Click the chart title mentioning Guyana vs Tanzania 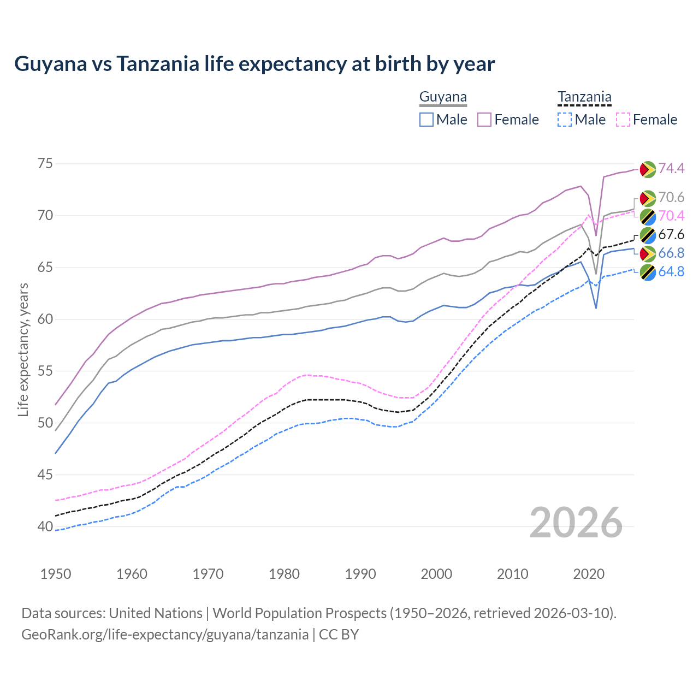coord(254,64)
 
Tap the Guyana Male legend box coord(426,120)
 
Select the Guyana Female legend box coord(484,120)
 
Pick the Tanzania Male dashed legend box coord(565,120)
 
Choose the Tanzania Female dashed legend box coord(623,120)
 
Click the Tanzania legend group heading coord(584,97)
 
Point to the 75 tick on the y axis coord(45,163)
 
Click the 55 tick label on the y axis coord(45,371)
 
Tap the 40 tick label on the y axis coord(45,526)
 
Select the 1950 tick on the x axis coord(56,574)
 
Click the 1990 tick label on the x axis coord(360,574)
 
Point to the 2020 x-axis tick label coord(589,574)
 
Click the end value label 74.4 coord(671,168)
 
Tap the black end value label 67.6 coord(671,235)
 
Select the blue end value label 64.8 coord(671,271)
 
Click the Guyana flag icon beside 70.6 coord(648,198)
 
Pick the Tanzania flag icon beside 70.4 coord(648,216)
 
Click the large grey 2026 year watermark coord(576,523)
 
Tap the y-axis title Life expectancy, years coord(23,349)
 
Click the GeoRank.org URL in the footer coord(165,635)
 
